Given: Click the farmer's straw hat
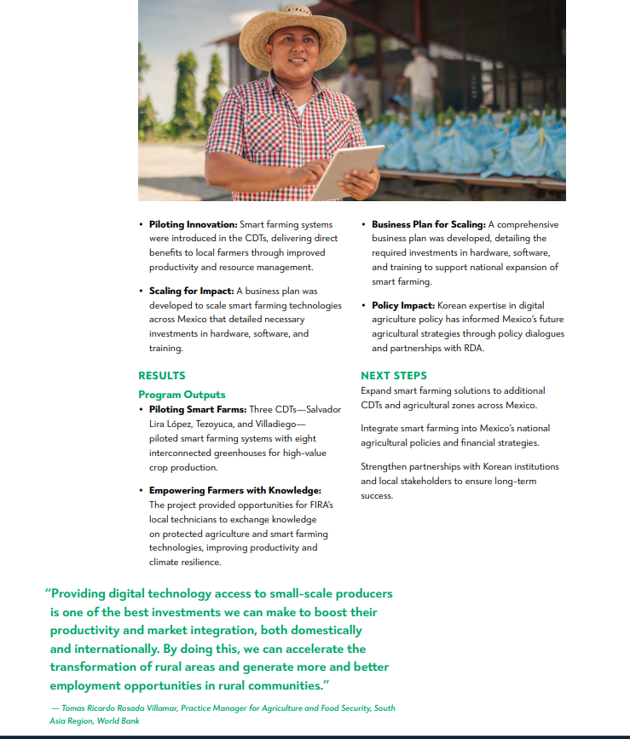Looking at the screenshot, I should click(292, 33).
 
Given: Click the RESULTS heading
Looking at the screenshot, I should click(161, 375).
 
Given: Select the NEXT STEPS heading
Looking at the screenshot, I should click(394, 375).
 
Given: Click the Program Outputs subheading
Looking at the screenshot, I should click(182, 395).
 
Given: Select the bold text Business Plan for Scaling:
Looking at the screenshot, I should click(428, 224).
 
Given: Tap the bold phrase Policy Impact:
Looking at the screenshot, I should click(403, 305).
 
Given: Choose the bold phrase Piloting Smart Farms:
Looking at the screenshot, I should click(198, 409).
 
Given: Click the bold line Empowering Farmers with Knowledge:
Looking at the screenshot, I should click(234, 490).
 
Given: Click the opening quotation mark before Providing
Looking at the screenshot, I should click(48, 593).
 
